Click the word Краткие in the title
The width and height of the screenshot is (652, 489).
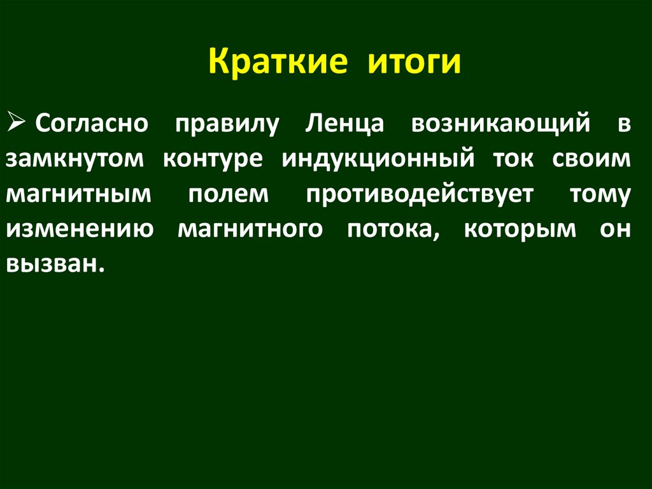[278, 63]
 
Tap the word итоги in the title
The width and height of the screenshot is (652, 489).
[413, 63]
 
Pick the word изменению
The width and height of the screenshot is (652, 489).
[80, 229]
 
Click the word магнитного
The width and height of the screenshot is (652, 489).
[250, 229]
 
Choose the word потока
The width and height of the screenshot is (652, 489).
[392, 229]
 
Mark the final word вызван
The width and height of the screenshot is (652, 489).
[55, 264]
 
